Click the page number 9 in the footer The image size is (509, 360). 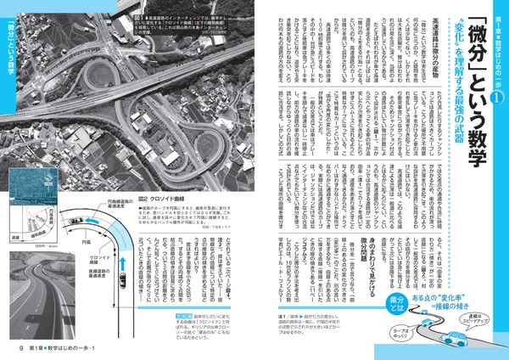(11, 346)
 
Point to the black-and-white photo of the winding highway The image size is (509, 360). (39, 302)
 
